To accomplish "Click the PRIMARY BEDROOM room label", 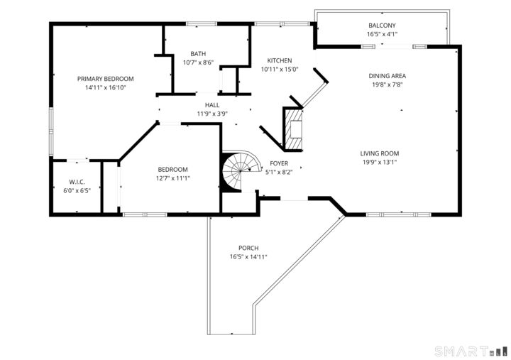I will click(105, 79).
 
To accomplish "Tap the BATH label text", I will click(198, 54).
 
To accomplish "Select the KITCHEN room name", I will click(279, 60).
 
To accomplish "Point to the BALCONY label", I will click(382, 26).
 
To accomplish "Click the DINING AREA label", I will click(387, 75).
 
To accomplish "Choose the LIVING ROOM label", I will click(380, 153).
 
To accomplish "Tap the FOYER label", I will click(279, 163).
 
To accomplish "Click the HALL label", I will click(212, 104).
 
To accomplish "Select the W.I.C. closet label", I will click(77, 182).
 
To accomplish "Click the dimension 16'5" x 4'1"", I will click(382, 34).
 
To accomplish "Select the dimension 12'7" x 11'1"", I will click(172, 178).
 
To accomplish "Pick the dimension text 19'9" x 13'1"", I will click(380, 162).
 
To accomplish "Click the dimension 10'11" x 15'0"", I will click(279, 69).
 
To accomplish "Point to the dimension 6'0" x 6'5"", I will click(77, 190).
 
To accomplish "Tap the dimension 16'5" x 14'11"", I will click(248, 256).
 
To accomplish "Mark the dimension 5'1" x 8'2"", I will click(279, 172).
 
